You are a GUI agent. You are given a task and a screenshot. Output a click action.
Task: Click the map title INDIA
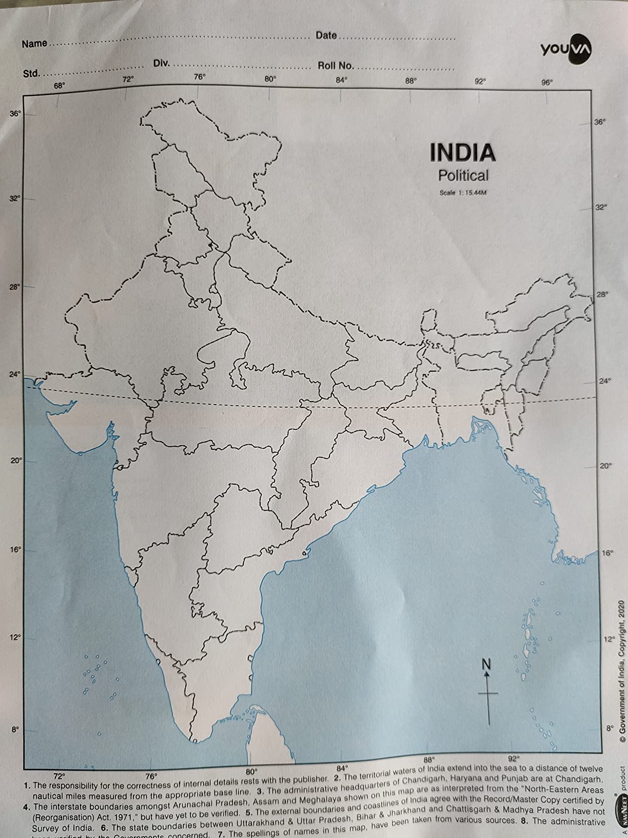coord(463,152)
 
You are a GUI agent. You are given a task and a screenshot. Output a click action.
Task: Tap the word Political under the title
coord(463,176)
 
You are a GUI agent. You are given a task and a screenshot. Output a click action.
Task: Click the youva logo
coord(566,49)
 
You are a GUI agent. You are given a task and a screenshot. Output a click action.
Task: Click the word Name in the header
coord(34,44)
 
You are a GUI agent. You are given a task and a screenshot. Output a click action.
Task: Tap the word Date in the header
coord(326,35)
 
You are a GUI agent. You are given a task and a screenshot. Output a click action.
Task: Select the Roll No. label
coord(336,66)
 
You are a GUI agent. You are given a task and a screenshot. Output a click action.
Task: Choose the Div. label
coord(162,63)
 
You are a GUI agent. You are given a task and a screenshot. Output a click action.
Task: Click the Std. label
coord(31,73)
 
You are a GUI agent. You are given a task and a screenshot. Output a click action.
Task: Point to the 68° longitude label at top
coord(60,86)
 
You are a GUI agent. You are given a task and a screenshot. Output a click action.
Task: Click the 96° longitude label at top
coord(547,82)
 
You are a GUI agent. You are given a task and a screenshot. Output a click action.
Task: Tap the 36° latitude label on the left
coord(16,113)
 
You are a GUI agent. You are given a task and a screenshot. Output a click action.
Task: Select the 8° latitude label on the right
coord(609,728)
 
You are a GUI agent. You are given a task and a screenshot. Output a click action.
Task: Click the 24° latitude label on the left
coord(15,374)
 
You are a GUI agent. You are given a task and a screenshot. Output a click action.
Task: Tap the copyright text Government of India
coord(621,683)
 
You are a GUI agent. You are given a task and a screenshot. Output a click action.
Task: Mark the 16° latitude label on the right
coord(606,554)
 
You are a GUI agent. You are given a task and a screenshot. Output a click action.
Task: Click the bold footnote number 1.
coord(27,786)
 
